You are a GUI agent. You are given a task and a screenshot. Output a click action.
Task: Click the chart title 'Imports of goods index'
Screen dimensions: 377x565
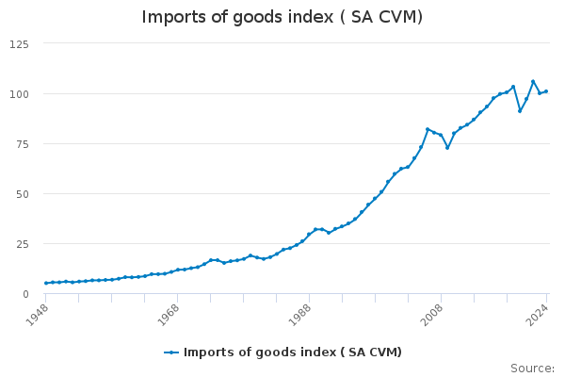(282, 17)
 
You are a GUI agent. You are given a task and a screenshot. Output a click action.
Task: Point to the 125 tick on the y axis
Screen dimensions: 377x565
(19, 44)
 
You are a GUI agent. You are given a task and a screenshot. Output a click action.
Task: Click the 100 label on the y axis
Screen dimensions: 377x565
(19, 94)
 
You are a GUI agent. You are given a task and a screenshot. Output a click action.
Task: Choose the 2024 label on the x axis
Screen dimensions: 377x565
(534, 313)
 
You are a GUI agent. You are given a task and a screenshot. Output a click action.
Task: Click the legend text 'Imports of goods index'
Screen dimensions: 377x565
(293, 352)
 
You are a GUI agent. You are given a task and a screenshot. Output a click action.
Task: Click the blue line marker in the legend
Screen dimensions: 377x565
(171, 352)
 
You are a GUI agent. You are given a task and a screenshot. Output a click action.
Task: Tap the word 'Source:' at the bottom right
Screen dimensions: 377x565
(532, 369)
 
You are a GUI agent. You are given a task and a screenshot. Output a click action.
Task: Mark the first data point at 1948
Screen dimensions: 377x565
(46, 283)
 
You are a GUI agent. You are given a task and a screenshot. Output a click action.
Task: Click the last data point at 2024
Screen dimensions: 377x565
(546, 91)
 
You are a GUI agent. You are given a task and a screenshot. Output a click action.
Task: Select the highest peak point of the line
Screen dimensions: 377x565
(533, 81)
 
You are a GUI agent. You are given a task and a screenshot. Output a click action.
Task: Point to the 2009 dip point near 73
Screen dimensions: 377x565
(447, 147)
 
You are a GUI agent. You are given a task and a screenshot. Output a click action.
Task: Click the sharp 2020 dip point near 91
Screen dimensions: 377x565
(520, 111)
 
